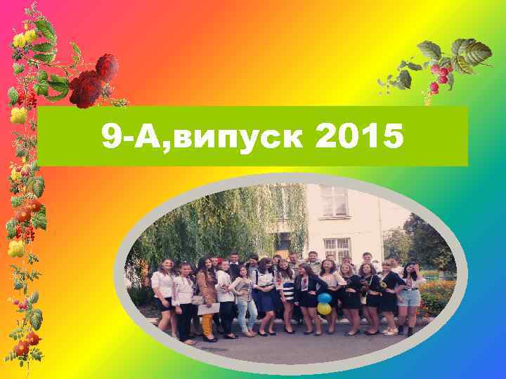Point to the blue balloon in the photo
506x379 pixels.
324,298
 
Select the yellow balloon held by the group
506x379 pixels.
324,308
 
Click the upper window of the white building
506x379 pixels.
332,200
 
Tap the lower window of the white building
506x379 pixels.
337,248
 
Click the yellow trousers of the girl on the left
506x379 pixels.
207,324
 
